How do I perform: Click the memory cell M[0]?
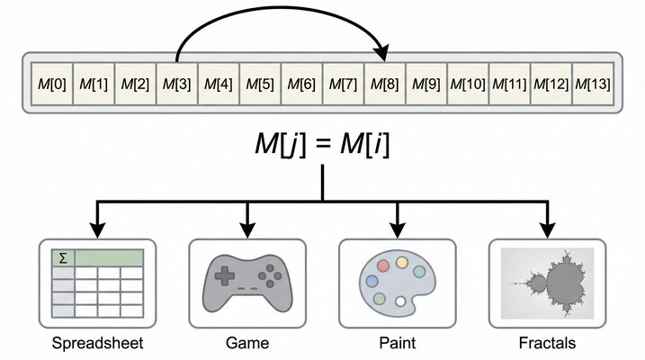click(x=51, y=85)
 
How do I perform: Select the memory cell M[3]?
click(x=176, y=85)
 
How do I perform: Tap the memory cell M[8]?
click(x=385, y=85)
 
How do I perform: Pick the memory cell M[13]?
click(x=593, y=85)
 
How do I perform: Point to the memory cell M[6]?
click(x=301, y=85)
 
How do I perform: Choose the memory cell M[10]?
click(x=468, y=85)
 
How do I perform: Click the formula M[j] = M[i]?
click(x=323, y=144)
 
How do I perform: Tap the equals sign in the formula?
click(x=323, y=145)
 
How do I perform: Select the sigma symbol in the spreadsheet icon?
click(x=62, y=258)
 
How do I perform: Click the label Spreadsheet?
click(x=97, y=343)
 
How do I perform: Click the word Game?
click(x=247, y=343)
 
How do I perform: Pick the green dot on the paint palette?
click(x=380, y=298)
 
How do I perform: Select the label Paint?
click(x=398, y=343)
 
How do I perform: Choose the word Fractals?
click(x=547, y=343)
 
